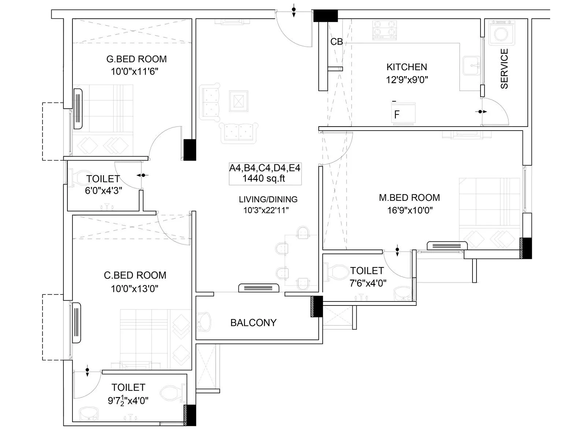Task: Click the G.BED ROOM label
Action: coord(136,59)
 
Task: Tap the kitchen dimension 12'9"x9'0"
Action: coord(407,79)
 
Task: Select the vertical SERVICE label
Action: coord(504,69)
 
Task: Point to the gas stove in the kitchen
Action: coord(385,30)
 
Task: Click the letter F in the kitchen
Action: coord(397,115)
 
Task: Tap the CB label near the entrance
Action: coord(337,42)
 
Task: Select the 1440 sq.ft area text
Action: coord(264,179)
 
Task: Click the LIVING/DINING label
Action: coord(268,199)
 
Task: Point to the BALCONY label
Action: coord(253,323)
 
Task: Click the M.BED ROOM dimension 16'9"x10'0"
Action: coord(410,210)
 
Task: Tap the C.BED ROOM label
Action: coord(135,275)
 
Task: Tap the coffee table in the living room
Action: coord(238,101)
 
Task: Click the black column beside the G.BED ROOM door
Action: coord(189,150)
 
